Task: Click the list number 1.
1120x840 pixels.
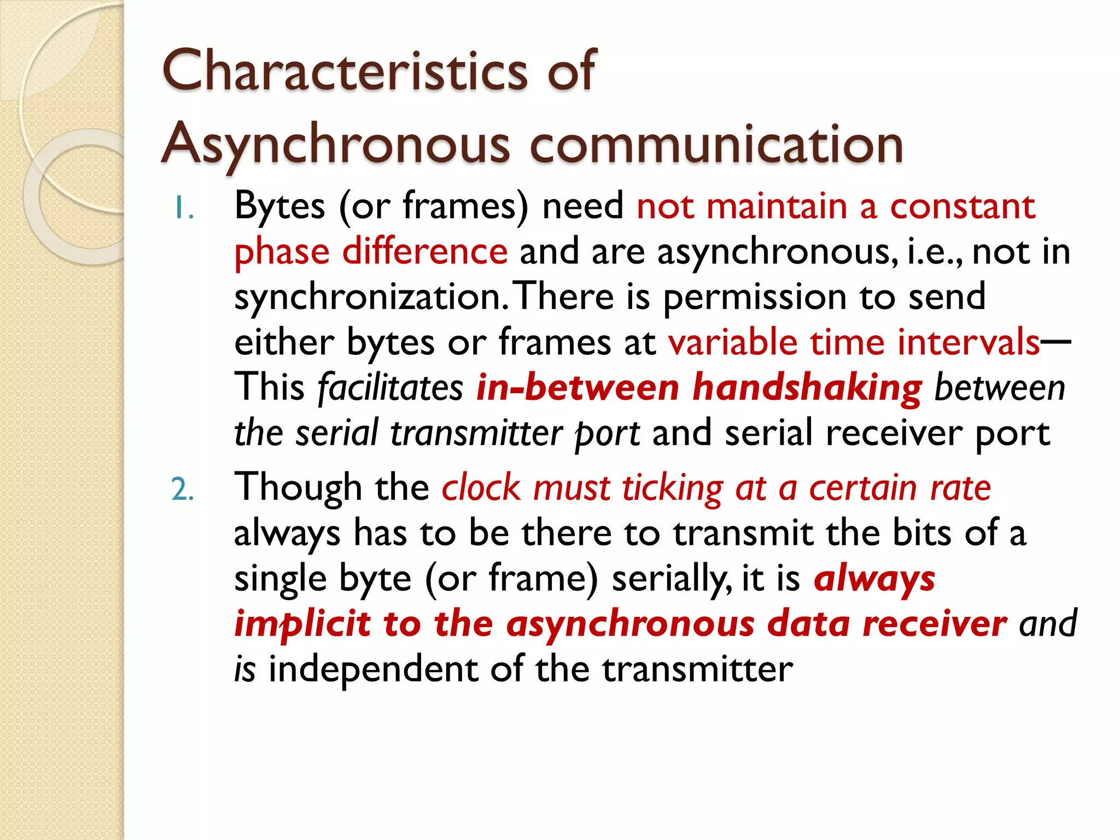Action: (x=183, y=208)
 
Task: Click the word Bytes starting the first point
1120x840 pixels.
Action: (x=279, y=207)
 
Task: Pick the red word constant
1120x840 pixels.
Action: (x=962, y=207)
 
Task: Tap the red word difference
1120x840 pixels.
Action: (x=425, y=252)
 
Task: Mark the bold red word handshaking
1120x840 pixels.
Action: (x=807, y=388)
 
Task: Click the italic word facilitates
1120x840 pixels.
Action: (x=390, y=388)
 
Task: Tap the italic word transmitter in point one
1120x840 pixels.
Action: (x=476, y=433)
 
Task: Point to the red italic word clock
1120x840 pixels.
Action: (x=481, y=488)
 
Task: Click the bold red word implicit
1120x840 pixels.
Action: (x=302, y=624)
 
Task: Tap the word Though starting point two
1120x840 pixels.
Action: (x=298, y=488)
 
